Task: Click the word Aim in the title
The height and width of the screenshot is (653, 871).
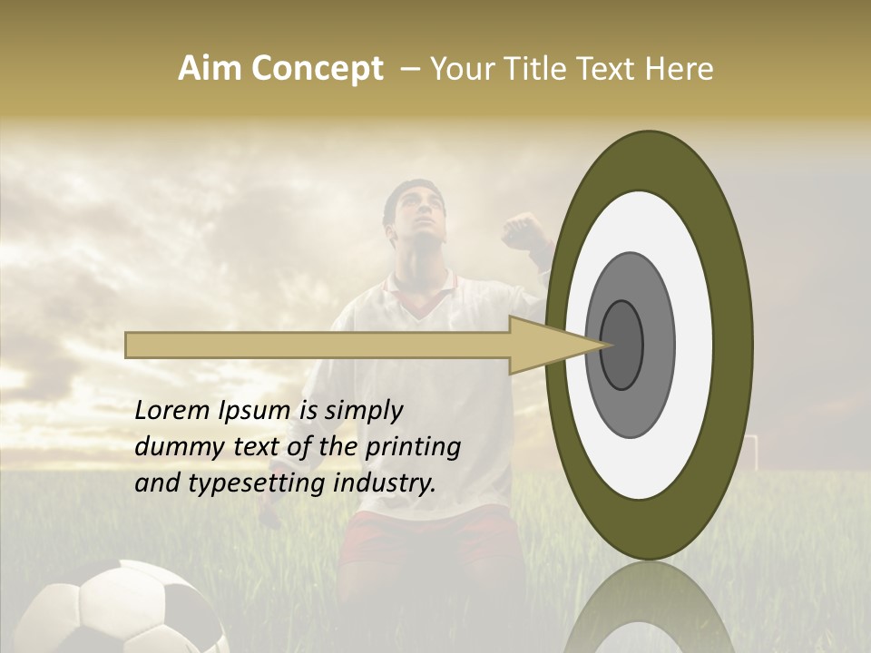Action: click(x=210, y=69)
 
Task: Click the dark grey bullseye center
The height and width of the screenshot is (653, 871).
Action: click(x=621, y=345)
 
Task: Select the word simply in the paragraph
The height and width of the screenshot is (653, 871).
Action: click(x=363, y=411)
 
